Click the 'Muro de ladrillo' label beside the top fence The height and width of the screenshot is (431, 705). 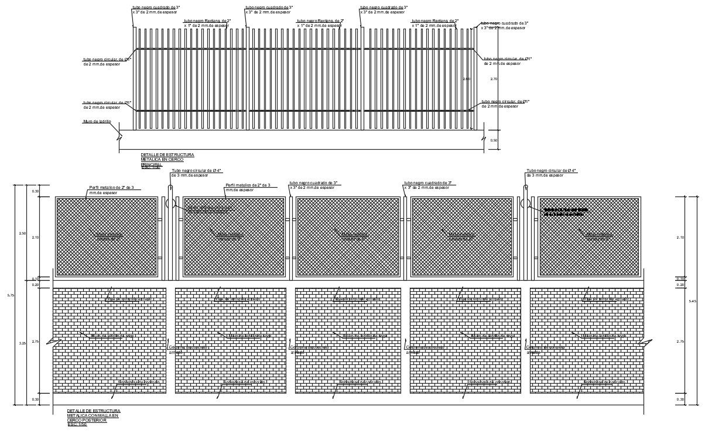pyautogui.click(x=97, y=122)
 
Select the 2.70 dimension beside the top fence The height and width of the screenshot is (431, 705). pyautogui.click(x=494, y=78)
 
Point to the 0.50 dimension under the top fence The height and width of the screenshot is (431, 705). pyautogui.click(x=494, y=140)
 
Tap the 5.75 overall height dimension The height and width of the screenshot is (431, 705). pyautogui.click(x=11, y=295)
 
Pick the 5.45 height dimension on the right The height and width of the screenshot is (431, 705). pyautogui.click(x=693, y=301)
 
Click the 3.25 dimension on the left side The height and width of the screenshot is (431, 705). pyautogui.click(x=23, y=343)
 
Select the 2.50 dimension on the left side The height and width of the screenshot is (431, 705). pyautogui.click(x=23, y=233)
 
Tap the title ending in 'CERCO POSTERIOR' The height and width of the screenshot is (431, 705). pyautogui.click(x=94, y=418)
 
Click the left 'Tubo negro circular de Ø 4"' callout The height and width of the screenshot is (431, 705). pyautogui.click(x=196, y=173)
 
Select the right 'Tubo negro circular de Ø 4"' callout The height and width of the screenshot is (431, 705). pyautogui.click(x=551, y=173)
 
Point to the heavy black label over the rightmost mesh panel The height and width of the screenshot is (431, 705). pyautogui.click(x=566, y=212)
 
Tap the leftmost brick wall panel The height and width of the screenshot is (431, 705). pyautogui.click(x=109, y=340)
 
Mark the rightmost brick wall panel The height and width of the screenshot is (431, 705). pyautogui.click(x=586, y=340)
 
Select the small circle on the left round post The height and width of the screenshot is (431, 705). pyautogui.click(x=168, y=203)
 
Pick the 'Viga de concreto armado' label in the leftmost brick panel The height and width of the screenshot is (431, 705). pyautogui.click(x=129, y=299)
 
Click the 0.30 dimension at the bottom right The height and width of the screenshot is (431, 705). pyautogui.click(x=680, y=399)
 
